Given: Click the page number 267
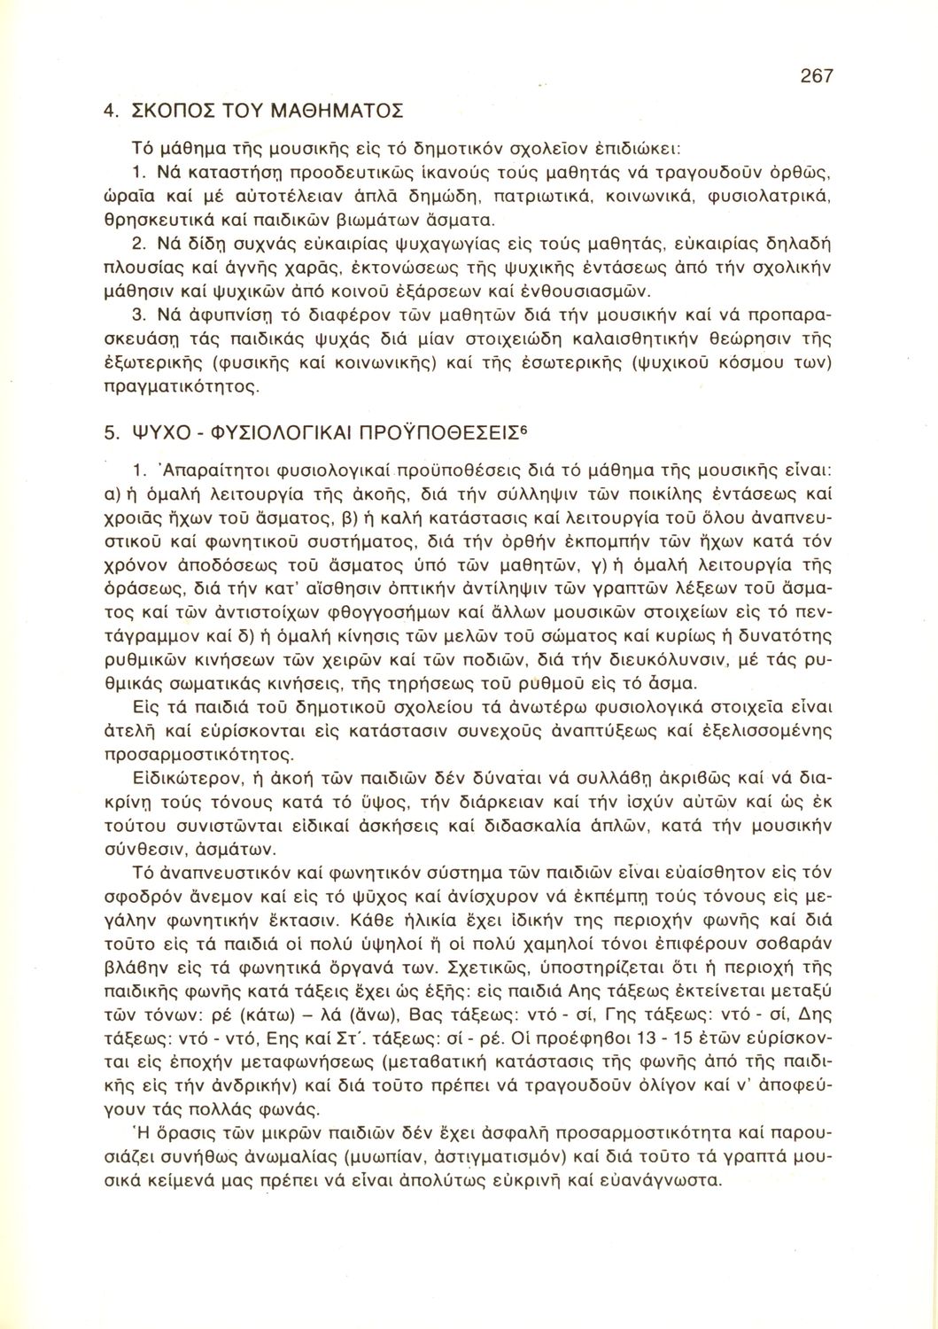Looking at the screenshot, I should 816,76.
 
